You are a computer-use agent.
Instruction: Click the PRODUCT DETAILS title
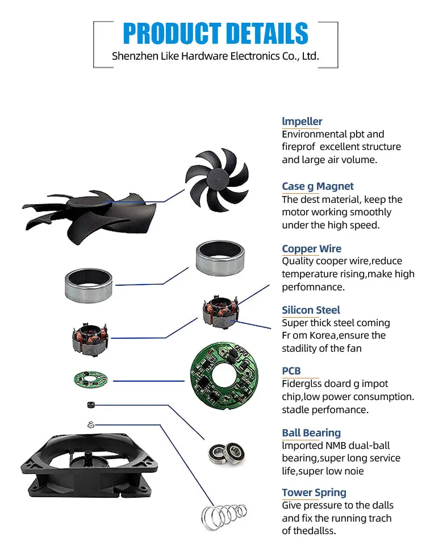tap(215, 34)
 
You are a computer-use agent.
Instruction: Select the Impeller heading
tap(302, 121)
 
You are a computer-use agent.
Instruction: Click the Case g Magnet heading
tap(318, 186)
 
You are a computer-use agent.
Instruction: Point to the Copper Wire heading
tap(312, 249)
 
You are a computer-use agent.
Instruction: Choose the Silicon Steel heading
tap(311, 310)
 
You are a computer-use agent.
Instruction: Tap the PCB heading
tap(291, 371)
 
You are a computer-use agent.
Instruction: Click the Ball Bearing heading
tap(311, 433)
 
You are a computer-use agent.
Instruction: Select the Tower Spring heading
tap(314, 493)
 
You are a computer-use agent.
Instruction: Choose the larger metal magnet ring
tap(89, 285)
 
